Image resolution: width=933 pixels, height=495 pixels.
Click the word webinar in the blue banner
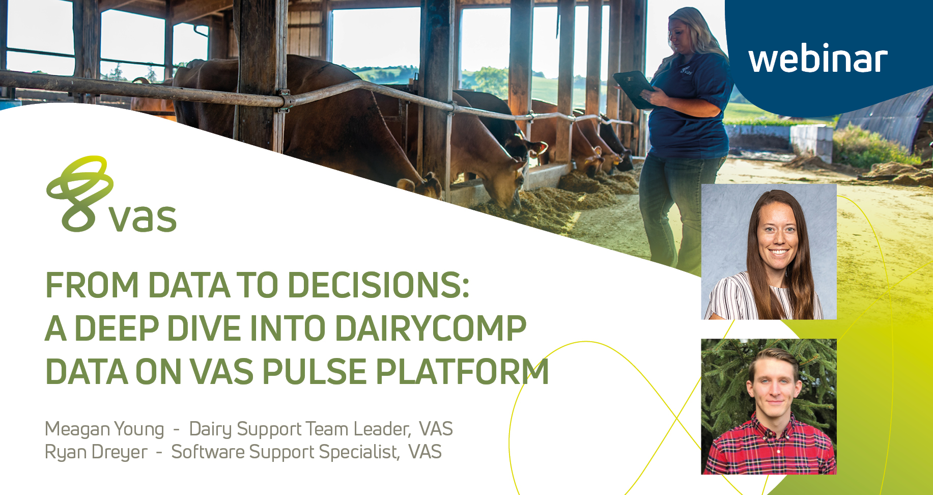[x=818, y=59]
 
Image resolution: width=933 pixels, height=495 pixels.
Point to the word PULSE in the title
[x=314, y=371]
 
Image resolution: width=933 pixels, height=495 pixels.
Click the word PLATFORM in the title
[x=462, y=371]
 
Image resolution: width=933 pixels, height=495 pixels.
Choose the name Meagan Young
[x=104, y=429]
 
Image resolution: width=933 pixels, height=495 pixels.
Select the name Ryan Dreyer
[x=96, y=452]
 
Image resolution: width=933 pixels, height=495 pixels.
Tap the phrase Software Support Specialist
[x=285, y=452]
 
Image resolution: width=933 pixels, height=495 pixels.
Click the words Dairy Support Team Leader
[x=300, y=429]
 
